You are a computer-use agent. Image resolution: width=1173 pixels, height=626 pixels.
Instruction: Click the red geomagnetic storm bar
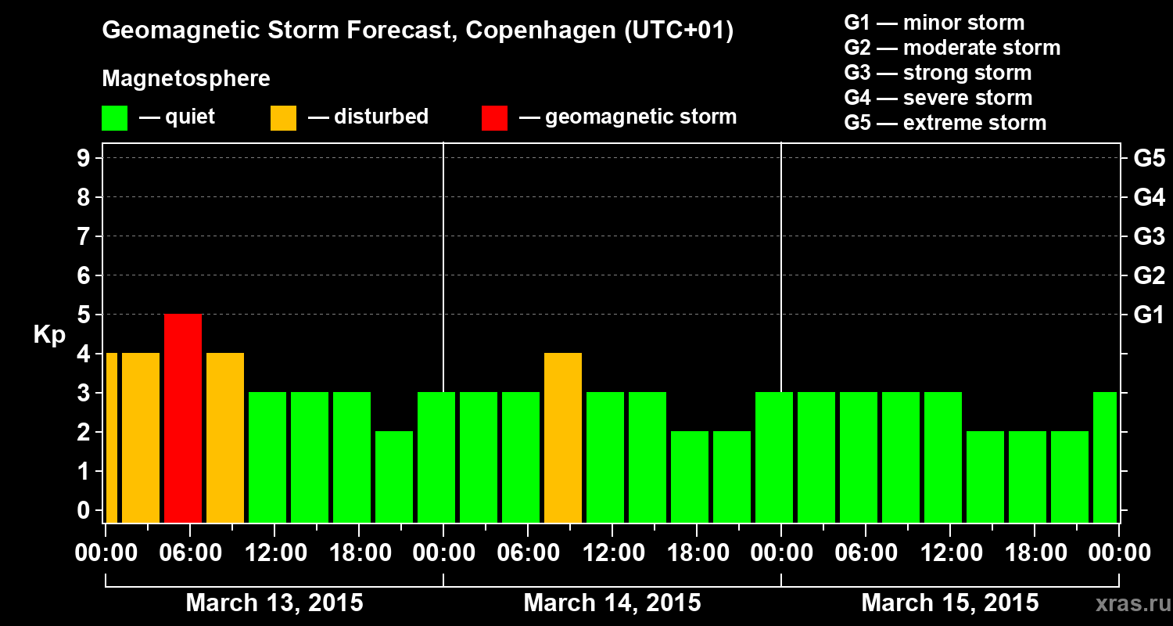183,418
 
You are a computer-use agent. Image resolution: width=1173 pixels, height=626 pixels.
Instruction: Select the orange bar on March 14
563,437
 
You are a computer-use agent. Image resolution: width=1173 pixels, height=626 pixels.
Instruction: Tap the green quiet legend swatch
114,117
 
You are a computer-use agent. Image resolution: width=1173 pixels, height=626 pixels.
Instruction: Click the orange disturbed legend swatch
283,117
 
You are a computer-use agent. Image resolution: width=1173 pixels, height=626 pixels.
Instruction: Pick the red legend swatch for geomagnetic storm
494,117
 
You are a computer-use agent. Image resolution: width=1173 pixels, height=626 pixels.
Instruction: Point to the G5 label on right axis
1149,159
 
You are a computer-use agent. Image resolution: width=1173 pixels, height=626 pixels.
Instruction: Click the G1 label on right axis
1149,315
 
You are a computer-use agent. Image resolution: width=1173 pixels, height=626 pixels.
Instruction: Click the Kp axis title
49,335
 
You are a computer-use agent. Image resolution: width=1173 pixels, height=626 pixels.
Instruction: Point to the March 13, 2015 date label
274,603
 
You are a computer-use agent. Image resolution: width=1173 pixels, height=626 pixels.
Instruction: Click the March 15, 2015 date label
949,603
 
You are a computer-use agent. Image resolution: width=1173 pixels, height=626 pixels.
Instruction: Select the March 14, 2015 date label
612,603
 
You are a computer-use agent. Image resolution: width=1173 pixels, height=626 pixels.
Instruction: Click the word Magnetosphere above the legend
186,79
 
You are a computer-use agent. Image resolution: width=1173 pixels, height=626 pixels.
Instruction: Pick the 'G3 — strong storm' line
938,73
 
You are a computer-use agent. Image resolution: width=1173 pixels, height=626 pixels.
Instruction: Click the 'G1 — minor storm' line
934,23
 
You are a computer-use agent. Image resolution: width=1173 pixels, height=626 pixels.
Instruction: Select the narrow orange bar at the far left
111,437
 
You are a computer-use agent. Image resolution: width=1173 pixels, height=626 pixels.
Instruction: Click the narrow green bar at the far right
1105,457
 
